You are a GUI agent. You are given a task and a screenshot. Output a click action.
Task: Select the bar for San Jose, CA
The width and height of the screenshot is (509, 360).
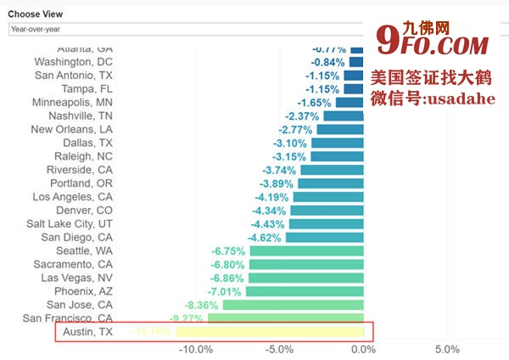tap(294, 305)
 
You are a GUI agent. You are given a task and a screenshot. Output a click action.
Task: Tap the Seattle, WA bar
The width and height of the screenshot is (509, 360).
tap(306, 251)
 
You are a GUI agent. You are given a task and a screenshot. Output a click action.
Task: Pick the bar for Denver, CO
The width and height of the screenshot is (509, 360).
tap(328, 210)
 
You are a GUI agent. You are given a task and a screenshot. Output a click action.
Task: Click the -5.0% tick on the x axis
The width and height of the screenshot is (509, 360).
tap(280, 349)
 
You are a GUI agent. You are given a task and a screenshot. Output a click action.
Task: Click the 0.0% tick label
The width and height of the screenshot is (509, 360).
tap(363, 349)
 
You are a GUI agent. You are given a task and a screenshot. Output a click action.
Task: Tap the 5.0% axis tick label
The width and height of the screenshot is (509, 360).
tap(447, 349)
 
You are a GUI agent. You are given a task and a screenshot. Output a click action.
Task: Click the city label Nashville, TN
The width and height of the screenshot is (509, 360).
tap(81, 115)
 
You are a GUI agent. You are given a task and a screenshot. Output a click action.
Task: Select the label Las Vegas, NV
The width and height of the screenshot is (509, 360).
tap(76, 278)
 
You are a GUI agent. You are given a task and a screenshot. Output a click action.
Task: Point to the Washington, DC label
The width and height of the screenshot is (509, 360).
tap(73, 62)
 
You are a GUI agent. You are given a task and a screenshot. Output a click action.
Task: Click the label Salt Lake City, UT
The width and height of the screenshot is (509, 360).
tap(70, 223)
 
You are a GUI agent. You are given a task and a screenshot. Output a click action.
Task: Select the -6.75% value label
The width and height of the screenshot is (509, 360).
tap(228, 251)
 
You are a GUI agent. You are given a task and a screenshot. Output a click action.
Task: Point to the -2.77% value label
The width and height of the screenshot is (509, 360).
tap(295, 129)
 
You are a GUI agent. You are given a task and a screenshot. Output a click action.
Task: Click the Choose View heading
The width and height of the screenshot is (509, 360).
tap(35, 14)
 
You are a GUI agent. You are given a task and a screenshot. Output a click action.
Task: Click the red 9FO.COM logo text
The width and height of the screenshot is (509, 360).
tap(432, 41)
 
